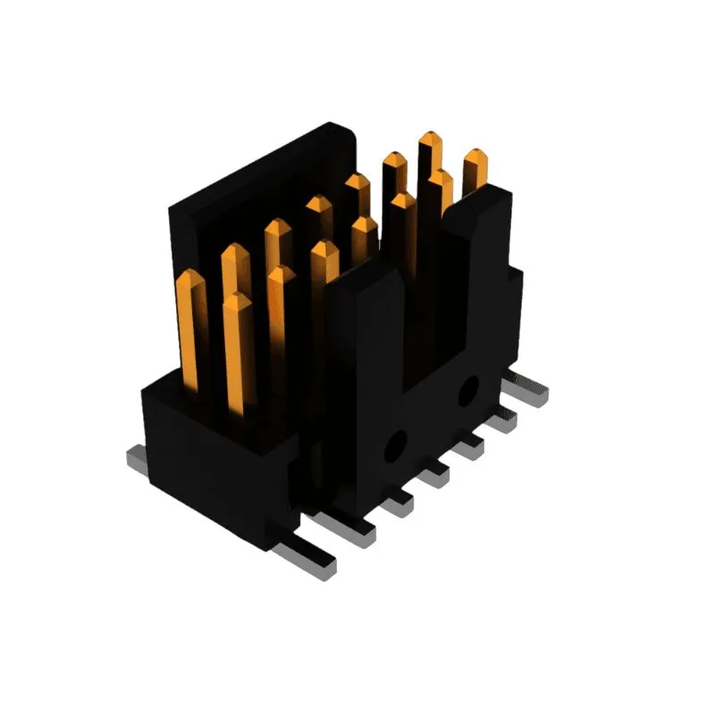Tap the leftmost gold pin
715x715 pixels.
[190, 322]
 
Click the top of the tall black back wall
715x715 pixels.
[259, 165]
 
